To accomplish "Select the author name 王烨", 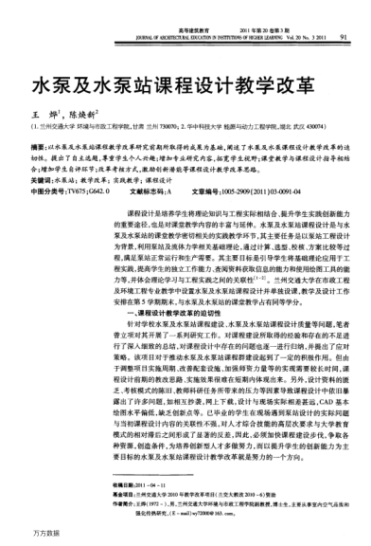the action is (41, 112).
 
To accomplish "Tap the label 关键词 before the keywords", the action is (41, 177).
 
